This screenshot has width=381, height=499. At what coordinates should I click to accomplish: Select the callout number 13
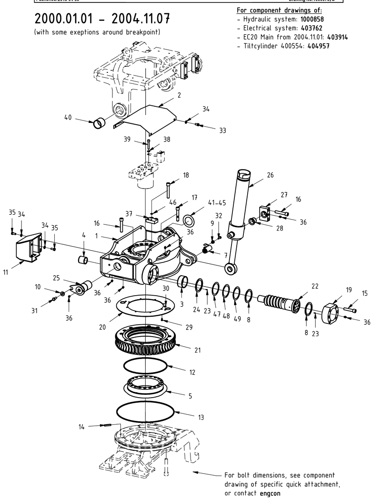pos(201,418)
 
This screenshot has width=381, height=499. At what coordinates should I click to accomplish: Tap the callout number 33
pos(222,131)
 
